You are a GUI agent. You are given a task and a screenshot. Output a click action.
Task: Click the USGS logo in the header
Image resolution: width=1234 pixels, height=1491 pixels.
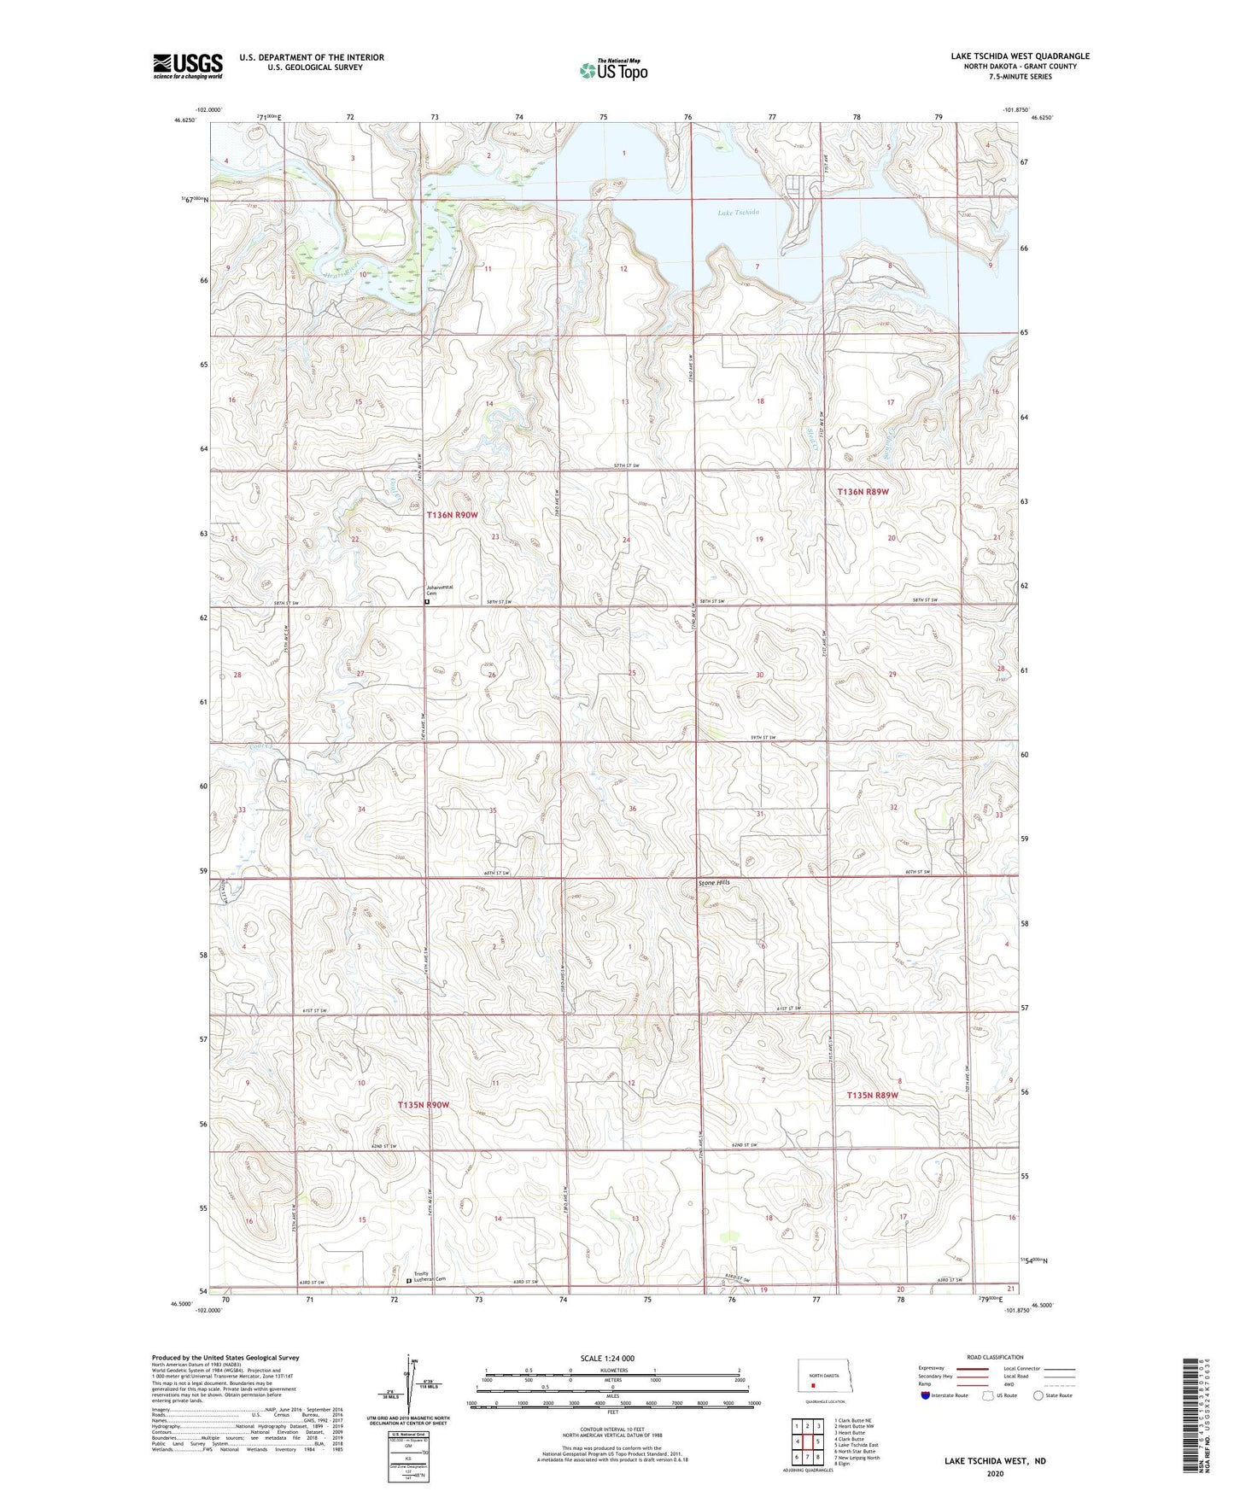187,66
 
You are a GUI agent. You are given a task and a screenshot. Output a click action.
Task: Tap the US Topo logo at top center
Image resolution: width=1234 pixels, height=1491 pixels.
612,70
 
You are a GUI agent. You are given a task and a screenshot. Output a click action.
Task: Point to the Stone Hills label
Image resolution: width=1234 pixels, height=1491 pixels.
714,883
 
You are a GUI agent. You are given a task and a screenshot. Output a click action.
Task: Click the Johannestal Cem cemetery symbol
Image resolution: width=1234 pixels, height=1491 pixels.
427,601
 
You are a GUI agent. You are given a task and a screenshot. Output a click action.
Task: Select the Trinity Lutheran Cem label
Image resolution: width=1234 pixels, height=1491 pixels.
430,1278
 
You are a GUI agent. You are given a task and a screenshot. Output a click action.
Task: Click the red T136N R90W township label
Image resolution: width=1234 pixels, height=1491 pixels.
452,515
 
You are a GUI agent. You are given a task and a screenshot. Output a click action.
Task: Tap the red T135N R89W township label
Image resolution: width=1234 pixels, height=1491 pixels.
873,1095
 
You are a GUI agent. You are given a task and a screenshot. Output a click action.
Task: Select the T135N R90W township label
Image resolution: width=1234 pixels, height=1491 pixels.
424,1105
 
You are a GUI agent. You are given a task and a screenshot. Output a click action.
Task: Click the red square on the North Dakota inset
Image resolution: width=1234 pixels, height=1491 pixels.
813,1387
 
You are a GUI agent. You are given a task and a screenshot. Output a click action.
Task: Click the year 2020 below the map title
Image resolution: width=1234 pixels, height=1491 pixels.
994,1473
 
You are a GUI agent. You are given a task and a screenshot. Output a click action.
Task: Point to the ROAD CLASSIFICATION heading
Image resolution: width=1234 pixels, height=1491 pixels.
994,1357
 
